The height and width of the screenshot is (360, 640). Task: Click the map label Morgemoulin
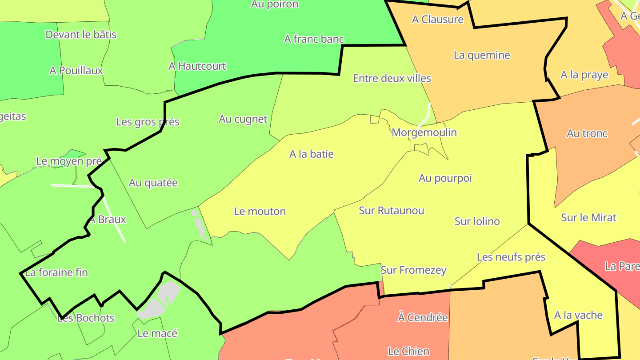424,132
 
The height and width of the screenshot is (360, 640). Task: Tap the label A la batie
311,154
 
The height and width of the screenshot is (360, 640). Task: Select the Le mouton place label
260,212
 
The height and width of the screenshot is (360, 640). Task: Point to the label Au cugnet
243,119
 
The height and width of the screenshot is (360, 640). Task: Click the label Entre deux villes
392,79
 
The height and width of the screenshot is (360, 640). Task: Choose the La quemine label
482,55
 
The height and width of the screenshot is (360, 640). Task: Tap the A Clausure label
437,20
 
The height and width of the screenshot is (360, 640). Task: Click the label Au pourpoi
445,178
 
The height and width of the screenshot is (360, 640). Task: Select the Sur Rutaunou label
391,211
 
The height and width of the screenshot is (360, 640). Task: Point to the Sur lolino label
477,221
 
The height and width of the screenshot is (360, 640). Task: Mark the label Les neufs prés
511,257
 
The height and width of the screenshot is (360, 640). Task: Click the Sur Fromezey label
413,270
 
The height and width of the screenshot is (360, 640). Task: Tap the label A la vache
578,316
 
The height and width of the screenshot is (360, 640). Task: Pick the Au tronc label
587,134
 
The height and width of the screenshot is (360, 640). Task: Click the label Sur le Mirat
588,218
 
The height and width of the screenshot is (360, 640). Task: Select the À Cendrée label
423,318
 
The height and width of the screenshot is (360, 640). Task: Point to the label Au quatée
153,183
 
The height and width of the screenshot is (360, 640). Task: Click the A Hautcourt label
197,67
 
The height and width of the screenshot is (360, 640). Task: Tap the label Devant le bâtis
81,35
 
